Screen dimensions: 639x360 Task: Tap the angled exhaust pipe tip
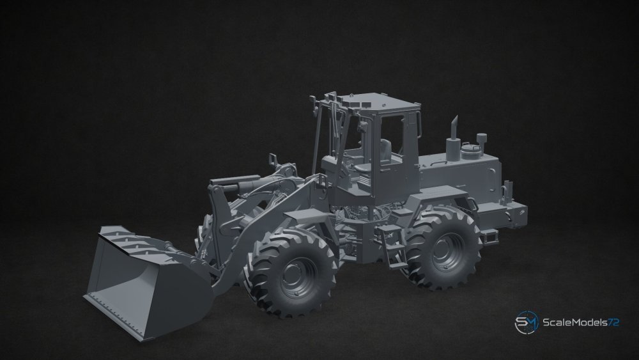click(x=454, y=121)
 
